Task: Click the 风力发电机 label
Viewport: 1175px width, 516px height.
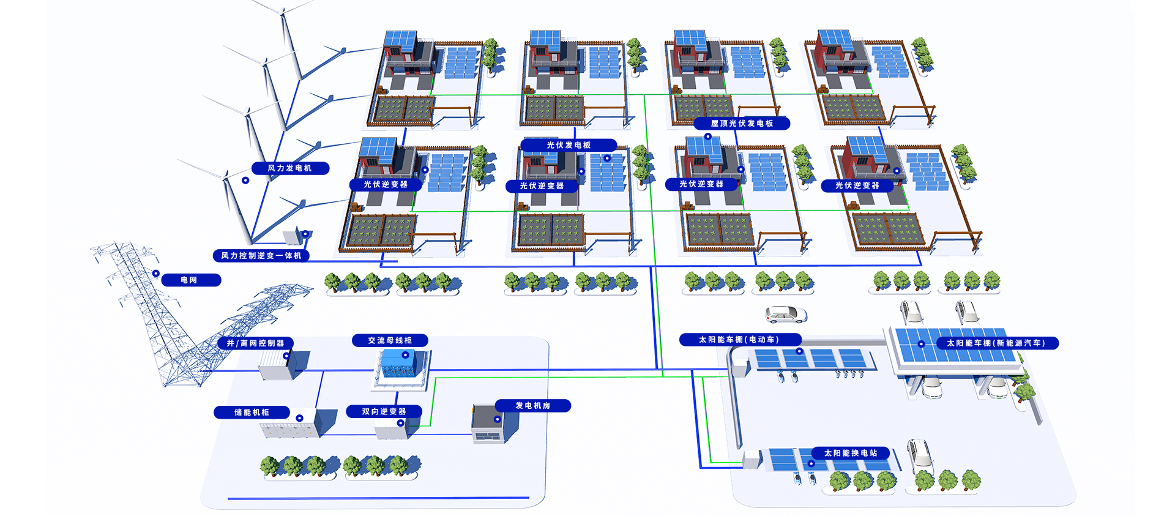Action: click(290, 168)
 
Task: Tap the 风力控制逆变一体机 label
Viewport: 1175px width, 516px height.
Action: click(261, 256)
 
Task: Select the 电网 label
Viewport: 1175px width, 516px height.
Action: click(190, 280)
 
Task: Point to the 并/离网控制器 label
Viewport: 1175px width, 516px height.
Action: click(256, 343)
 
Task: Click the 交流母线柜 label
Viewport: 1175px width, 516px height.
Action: click(390, 340)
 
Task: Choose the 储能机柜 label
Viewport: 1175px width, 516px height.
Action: click(252, 413)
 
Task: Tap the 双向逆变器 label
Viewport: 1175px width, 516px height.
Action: click(384, 411)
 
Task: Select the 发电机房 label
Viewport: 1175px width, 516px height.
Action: click(533, 406)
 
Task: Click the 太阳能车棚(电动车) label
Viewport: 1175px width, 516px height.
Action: click(739, 340)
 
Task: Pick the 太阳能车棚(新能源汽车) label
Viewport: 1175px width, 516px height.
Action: click(996, 343)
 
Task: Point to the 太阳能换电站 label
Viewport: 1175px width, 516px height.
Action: click(851, 454)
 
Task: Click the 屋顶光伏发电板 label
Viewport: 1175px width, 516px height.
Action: click(742, 124)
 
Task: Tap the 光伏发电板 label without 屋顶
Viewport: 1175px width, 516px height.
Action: click(569, 145)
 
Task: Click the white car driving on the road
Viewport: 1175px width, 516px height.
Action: click(786, 315)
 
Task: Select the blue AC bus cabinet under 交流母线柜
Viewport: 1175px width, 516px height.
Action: click(399, 365)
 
